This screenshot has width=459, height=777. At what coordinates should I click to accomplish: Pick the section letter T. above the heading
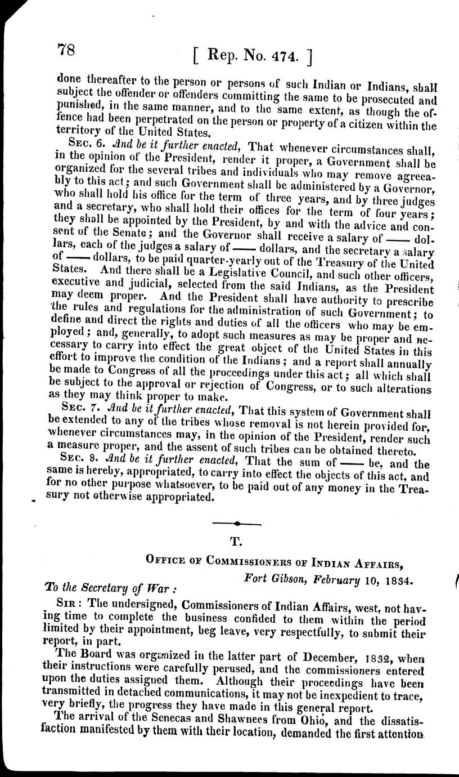[236, 543]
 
